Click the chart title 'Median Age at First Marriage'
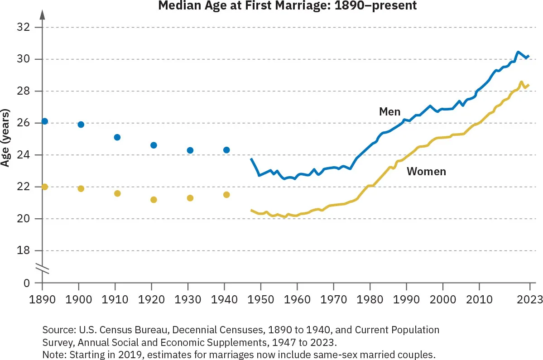(287, 6)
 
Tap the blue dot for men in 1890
(44, 121)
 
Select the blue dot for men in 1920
(154, 145)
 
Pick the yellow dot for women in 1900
(81, 188)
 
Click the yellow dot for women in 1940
(226, 195)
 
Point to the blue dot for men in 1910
(117, 137)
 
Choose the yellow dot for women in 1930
(190, 198)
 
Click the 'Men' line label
(389, 112)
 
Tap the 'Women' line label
(426, 172)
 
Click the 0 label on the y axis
(27, 283)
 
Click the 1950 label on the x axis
(260, 299)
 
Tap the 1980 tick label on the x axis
(370, 299)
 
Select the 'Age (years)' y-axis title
(6, 137)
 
